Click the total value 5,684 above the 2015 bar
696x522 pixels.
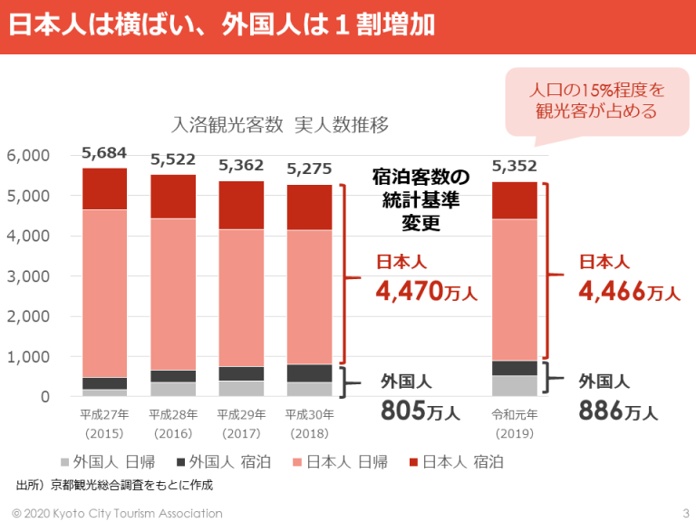click(104, 152)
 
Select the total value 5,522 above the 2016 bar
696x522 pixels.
click(173, 159)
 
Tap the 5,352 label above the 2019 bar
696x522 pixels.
click(514, 166)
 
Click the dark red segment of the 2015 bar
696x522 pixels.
click(104, 188)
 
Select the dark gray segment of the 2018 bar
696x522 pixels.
click(309, 372)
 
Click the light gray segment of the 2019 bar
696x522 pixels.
click(514, 385)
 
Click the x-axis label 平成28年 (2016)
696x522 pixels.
click(173, 423)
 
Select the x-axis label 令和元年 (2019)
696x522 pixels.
click(514, 423)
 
